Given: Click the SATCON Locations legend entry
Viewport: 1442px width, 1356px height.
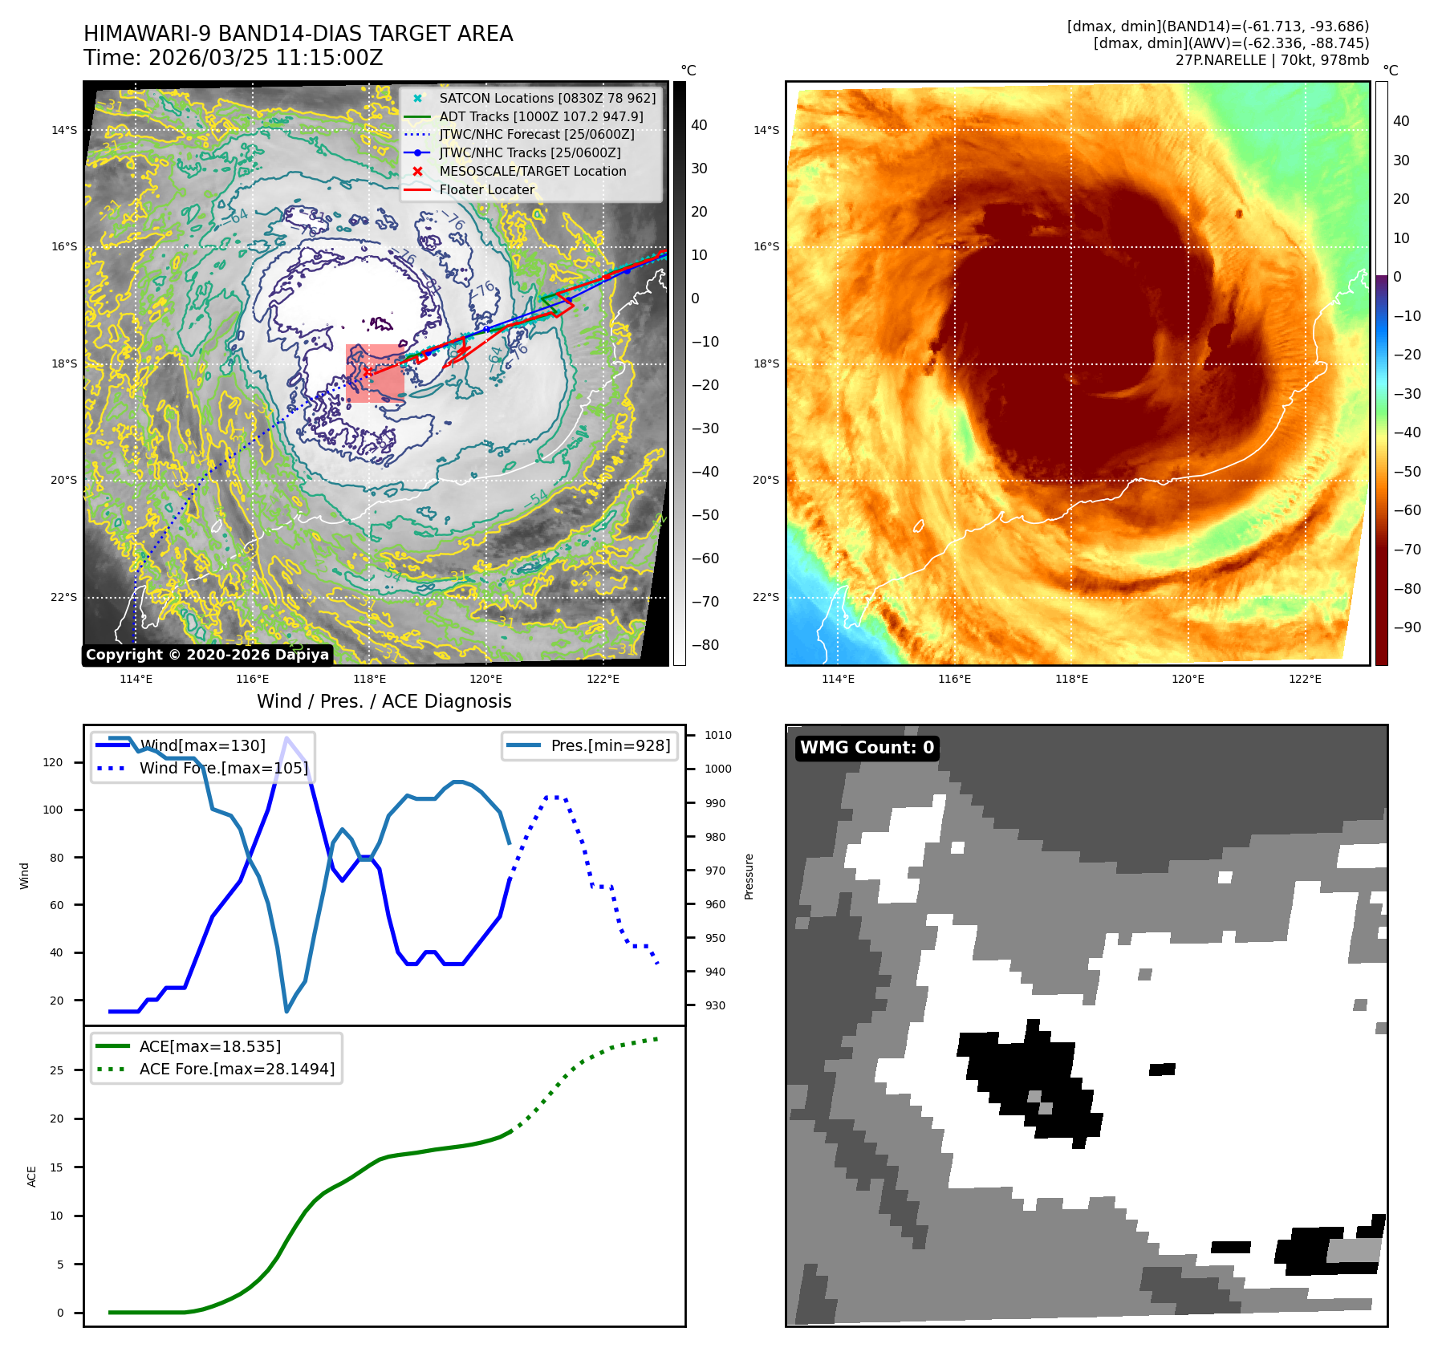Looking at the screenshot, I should click(546, 98).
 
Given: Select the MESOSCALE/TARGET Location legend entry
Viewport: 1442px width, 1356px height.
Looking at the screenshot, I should click(532, 171).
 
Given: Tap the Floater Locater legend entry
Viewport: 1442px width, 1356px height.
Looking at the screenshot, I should click(486, 189).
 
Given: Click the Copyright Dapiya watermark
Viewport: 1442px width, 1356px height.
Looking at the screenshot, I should click(207, 655).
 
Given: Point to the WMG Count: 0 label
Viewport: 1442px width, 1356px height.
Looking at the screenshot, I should click(867, 748).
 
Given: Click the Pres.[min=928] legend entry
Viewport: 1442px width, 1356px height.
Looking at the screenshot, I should click(610, 745).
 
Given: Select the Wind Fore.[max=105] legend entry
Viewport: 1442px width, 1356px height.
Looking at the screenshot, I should click(223, 768).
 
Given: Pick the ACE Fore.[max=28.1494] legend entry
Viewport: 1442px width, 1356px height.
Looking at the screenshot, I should click(237, 1069).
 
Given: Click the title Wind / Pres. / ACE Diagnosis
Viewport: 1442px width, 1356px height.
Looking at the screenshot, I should click(384, 701).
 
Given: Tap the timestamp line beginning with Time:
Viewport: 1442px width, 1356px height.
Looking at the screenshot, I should click(233, 58).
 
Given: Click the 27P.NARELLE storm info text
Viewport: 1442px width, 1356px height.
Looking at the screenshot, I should click(1272, 60).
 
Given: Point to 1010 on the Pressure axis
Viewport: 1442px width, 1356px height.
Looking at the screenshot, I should click(717, 735).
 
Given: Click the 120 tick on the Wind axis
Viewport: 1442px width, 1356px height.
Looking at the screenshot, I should click(53, 762).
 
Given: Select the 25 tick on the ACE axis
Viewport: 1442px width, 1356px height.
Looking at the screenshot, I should click(56, 1070).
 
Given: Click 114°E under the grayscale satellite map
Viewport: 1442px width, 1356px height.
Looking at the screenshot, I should click(136, 679).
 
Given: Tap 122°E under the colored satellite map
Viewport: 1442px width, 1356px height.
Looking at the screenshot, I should click(1305, 679).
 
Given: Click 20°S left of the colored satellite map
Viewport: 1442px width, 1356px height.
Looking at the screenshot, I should click(766, 480).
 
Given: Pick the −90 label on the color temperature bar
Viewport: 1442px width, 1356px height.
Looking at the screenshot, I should click(1407, 627).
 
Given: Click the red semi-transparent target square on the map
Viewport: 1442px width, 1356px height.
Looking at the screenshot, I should click(375, 373).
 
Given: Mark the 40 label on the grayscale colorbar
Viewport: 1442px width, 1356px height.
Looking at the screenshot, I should click(699, 125).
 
